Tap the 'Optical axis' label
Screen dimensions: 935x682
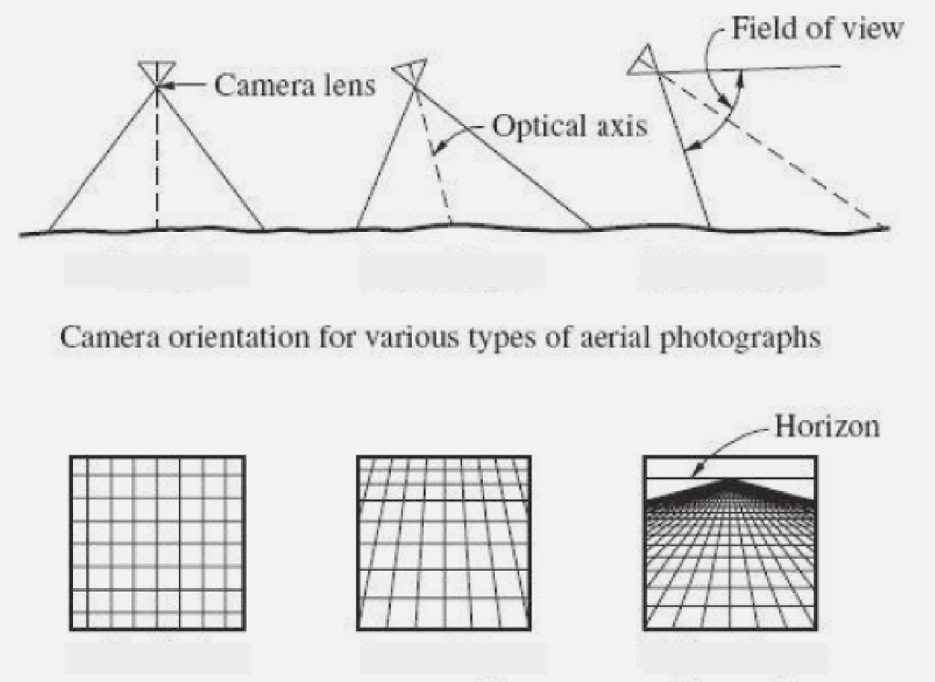570,125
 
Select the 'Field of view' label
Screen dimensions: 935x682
818,29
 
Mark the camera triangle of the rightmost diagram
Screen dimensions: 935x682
643,59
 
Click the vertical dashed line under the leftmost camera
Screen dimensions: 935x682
157,164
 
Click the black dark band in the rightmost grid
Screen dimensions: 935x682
730,493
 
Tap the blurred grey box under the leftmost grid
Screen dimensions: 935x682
157,658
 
